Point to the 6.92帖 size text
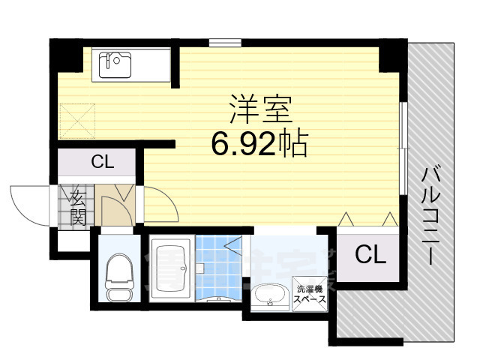click(259, 143)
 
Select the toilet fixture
click(118, 275)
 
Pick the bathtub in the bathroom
click(172, 268)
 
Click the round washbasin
click(266, 296)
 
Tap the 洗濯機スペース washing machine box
click(310, 293)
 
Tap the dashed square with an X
click(77, 118)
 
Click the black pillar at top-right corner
click(391, 55)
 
